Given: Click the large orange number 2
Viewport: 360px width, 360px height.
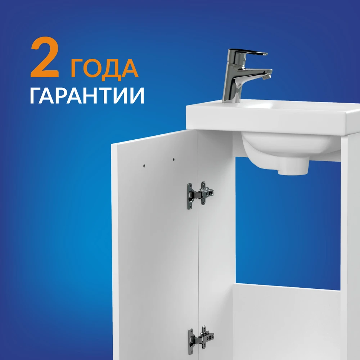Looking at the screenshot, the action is click(x=45, y=57).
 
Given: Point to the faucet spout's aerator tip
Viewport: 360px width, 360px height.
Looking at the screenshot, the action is click(x=267, y=76).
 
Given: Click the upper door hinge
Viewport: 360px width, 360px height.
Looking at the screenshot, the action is click(x=200, y=195).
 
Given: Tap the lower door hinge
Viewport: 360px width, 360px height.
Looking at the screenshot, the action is click(x=201, y=339).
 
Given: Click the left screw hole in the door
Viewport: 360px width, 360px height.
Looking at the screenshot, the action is click(x=144, y=165).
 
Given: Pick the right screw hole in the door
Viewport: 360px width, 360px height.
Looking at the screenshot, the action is click(x=174, y=159).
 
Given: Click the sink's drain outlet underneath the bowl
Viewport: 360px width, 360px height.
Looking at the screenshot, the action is click(x=293, y=170).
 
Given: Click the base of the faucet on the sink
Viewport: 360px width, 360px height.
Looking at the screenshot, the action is click(x=231, y=99).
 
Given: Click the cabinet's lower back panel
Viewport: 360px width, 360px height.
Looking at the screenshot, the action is click(x=287, y=322).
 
